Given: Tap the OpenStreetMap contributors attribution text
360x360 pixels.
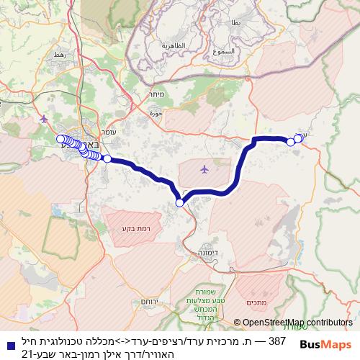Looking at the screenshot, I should pyautogui.click(x=293, y=323).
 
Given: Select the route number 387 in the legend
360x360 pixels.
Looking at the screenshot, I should pyautogui.click(x=277, y=340).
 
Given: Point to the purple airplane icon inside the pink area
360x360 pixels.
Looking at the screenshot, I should pyautogui.click(x=205, y=170).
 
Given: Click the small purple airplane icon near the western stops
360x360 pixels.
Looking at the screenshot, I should pyautogui.click(x=45, y=118).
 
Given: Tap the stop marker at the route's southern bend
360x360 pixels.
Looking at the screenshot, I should pyautogui.click(x=179, y=203).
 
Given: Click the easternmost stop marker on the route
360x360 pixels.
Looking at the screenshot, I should pyautogui.click(x=298, y=138).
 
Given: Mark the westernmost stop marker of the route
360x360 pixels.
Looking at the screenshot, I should pyautogui.click(x=60, y=139).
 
